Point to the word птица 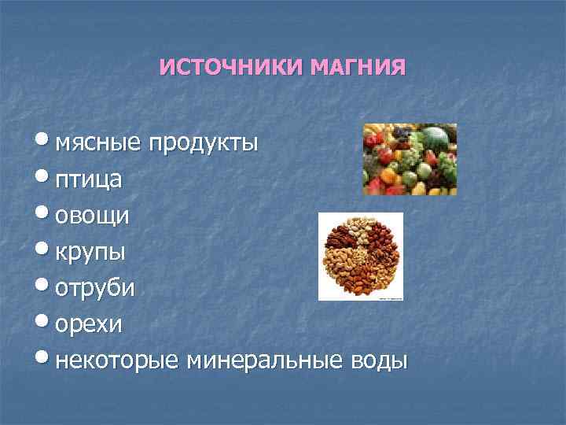click(x=87, y=180)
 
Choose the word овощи click(x=93, y=216)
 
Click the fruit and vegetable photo click(x=410, y=159)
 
